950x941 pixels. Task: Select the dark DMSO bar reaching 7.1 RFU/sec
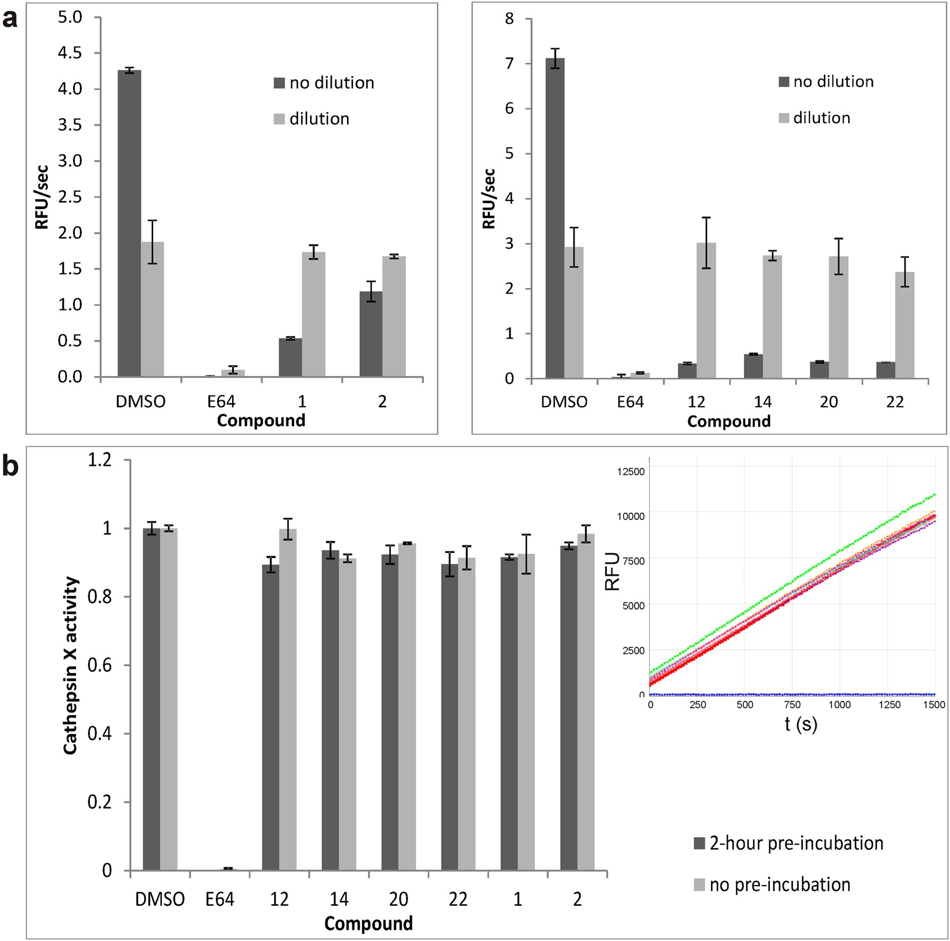pos(554,219)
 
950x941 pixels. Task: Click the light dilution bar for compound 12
pos(706,311)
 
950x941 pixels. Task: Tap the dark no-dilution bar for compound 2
pos(371,335)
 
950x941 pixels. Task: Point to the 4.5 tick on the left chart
pos(71,53)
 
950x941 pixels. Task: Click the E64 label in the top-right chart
pos(630,401)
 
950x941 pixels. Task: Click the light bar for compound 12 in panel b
pos(288,700)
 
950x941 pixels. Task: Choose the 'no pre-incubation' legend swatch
pos(699,885)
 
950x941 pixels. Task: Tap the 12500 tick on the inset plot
pos(631,472)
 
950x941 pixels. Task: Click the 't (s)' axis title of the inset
pos(800,723)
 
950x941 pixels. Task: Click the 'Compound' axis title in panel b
pos(368,923)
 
